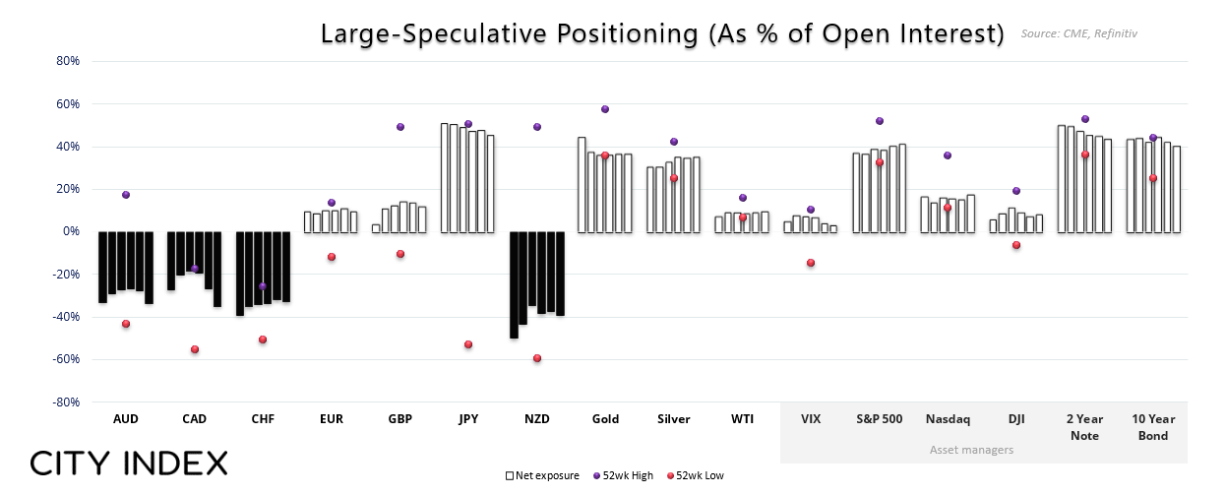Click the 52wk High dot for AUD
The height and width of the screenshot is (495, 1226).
[x=126, y=195]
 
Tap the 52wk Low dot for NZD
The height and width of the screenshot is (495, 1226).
[x=537, y=358]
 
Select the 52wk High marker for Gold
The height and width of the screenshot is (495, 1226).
[x=605, y=109]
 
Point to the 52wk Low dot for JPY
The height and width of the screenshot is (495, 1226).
[x=468, y=344]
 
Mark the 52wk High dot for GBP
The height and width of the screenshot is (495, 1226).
[x=400, y=127]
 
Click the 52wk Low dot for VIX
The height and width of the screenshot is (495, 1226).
[x=811, y=263]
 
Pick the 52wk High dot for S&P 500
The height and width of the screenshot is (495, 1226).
[x=880, y=121]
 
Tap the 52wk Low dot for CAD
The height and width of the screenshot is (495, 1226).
[x=195, y=349]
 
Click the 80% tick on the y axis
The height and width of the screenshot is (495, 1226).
[x=68, y=61]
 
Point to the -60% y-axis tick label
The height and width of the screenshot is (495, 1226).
[x=66, y=360]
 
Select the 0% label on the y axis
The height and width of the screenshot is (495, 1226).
[x=71, y=232]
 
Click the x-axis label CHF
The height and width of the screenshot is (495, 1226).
[x=263, y=419]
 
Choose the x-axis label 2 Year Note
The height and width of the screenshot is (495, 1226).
[x=1085, y=427]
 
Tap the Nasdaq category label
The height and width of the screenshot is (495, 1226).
[x=948, y=419]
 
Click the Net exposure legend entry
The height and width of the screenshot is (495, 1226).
[x=543, y=475]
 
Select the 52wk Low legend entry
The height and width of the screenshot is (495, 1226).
[x=695, y=475]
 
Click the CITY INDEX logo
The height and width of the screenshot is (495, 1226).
[x=129, y=464]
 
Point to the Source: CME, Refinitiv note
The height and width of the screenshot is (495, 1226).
[x=1078, y=34]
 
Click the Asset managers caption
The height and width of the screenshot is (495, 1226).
[x=971, y=450]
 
